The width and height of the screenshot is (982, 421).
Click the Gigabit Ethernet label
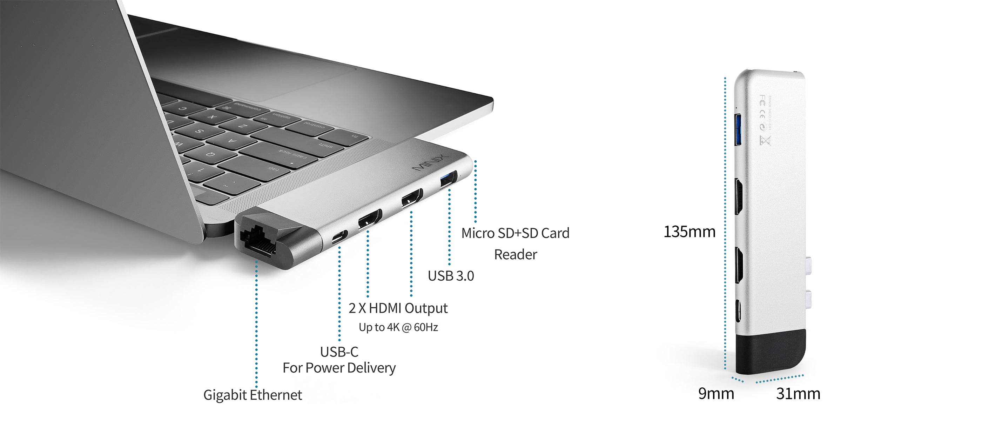253,395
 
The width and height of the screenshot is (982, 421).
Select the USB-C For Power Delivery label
339,360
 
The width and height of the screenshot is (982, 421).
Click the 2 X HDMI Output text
398,308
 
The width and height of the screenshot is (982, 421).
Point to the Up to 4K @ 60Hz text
398,327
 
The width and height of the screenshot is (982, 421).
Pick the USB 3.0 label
451,276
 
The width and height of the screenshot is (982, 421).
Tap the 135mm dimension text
689,232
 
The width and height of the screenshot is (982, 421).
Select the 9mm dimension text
716,394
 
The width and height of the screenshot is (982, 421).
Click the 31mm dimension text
798,394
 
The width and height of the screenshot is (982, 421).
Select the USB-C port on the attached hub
339,237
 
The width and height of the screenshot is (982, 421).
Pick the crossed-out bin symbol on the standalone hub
765,140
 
